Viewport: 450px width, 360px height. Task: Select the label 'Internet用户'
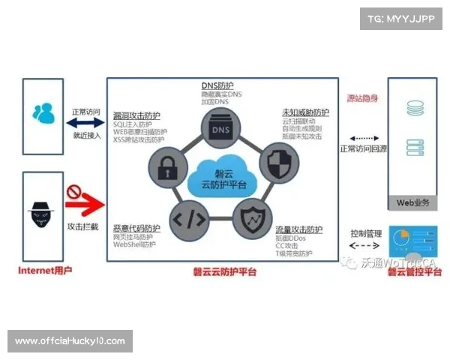[x=44, y=271]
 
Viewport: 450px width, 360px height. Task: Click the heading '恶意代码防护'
[x=136, y=228]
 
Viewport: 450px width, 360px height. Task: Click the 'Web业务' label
[x=412, y=202]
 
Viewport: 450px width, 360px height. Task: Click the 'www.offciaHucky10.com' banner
[x=70, y=341]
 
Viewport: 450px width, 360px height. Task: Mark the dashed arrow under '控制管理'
[x=366, y=244]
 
